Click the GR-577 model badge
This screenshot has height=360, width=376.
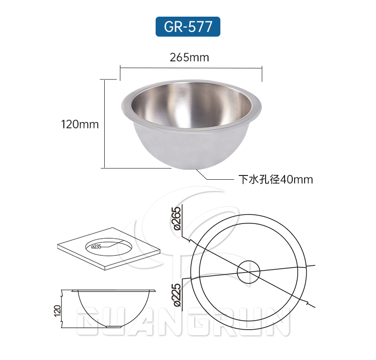coord(188,27)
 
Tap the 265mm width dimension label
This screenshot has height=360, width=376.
coord(189,58)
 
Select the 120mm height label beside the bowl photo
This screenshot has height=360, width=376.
coord(80,125)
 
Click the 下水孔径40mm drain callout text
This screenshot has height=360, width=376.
coord(276,179)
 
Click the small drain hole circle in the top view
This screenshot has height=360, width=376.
coord(248,272)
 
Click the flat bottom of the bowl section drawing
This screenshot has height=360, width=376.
coord(114,327)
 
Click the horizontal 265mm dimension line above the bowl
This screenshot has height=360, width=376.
coord(190,68)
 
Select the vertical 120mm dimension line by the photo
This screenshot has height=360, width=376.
coord(104,124)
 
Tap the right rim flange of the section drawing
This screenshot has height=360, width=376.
coord(153,290)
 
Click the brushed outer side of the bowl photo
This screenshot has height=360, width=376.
coord(157,147)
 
